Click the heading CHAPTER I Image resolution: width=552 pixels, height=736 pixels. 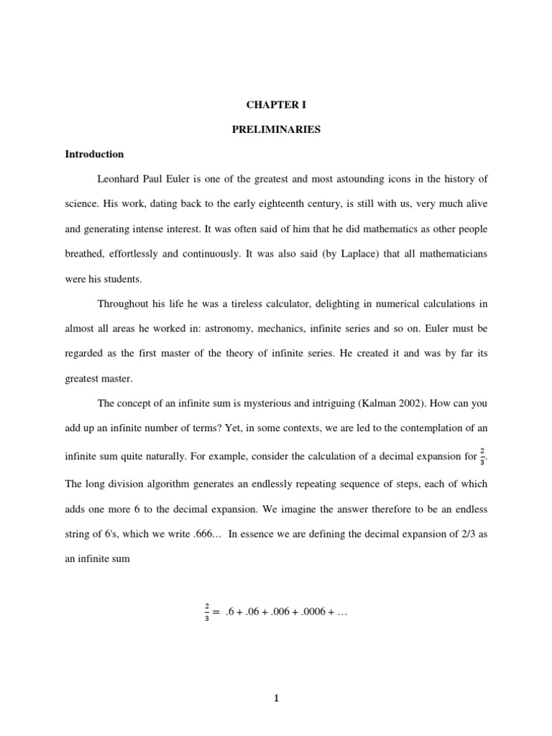(276, 105)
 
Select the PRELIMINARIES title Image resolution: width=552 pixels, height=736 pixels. (276, 129)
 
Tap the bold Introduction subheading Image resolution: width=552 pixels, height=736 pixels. (94, 154)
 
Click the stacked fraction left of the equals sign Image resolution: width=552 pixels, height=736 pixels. (206, 612)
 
